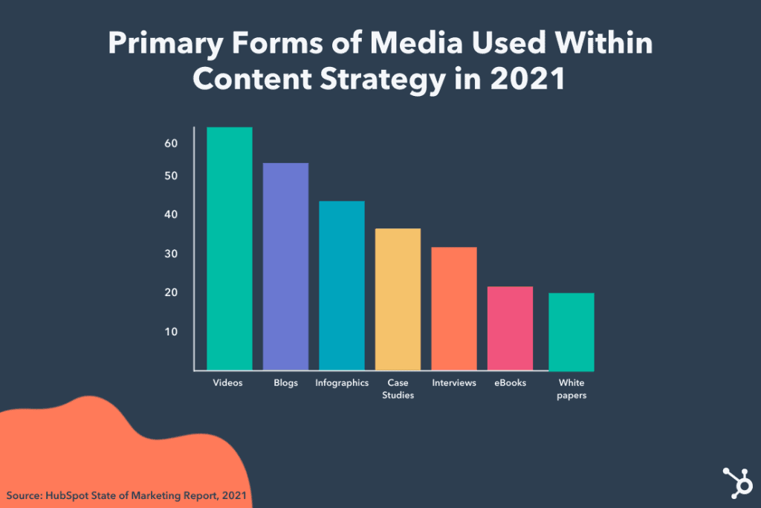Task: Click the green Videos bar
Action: tap(229, 248)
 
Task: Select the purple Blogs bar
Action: tap(285, 266)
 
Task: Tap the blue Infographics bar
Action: tap(342, 286)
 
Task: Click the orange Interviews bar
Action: tap(454, 309)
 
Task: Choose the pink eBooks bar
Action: tap(511, 328)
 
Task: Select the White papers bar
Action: tap(571, 332)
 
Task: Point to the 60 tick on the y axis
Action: tap(171, 143)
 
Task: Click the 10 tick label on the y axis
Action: tap(171, 331)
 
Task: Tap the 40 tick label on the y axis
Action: tap(171, 215)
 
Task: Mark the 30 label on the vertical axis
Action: tap(171, 254)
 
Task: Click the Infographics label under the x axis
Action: tap(342, 383)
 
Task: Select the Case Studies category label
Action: tap(398, 389)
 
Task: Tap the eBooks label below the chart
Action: tap(510, 383)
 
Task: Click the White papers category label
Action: tap(571, 389)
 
